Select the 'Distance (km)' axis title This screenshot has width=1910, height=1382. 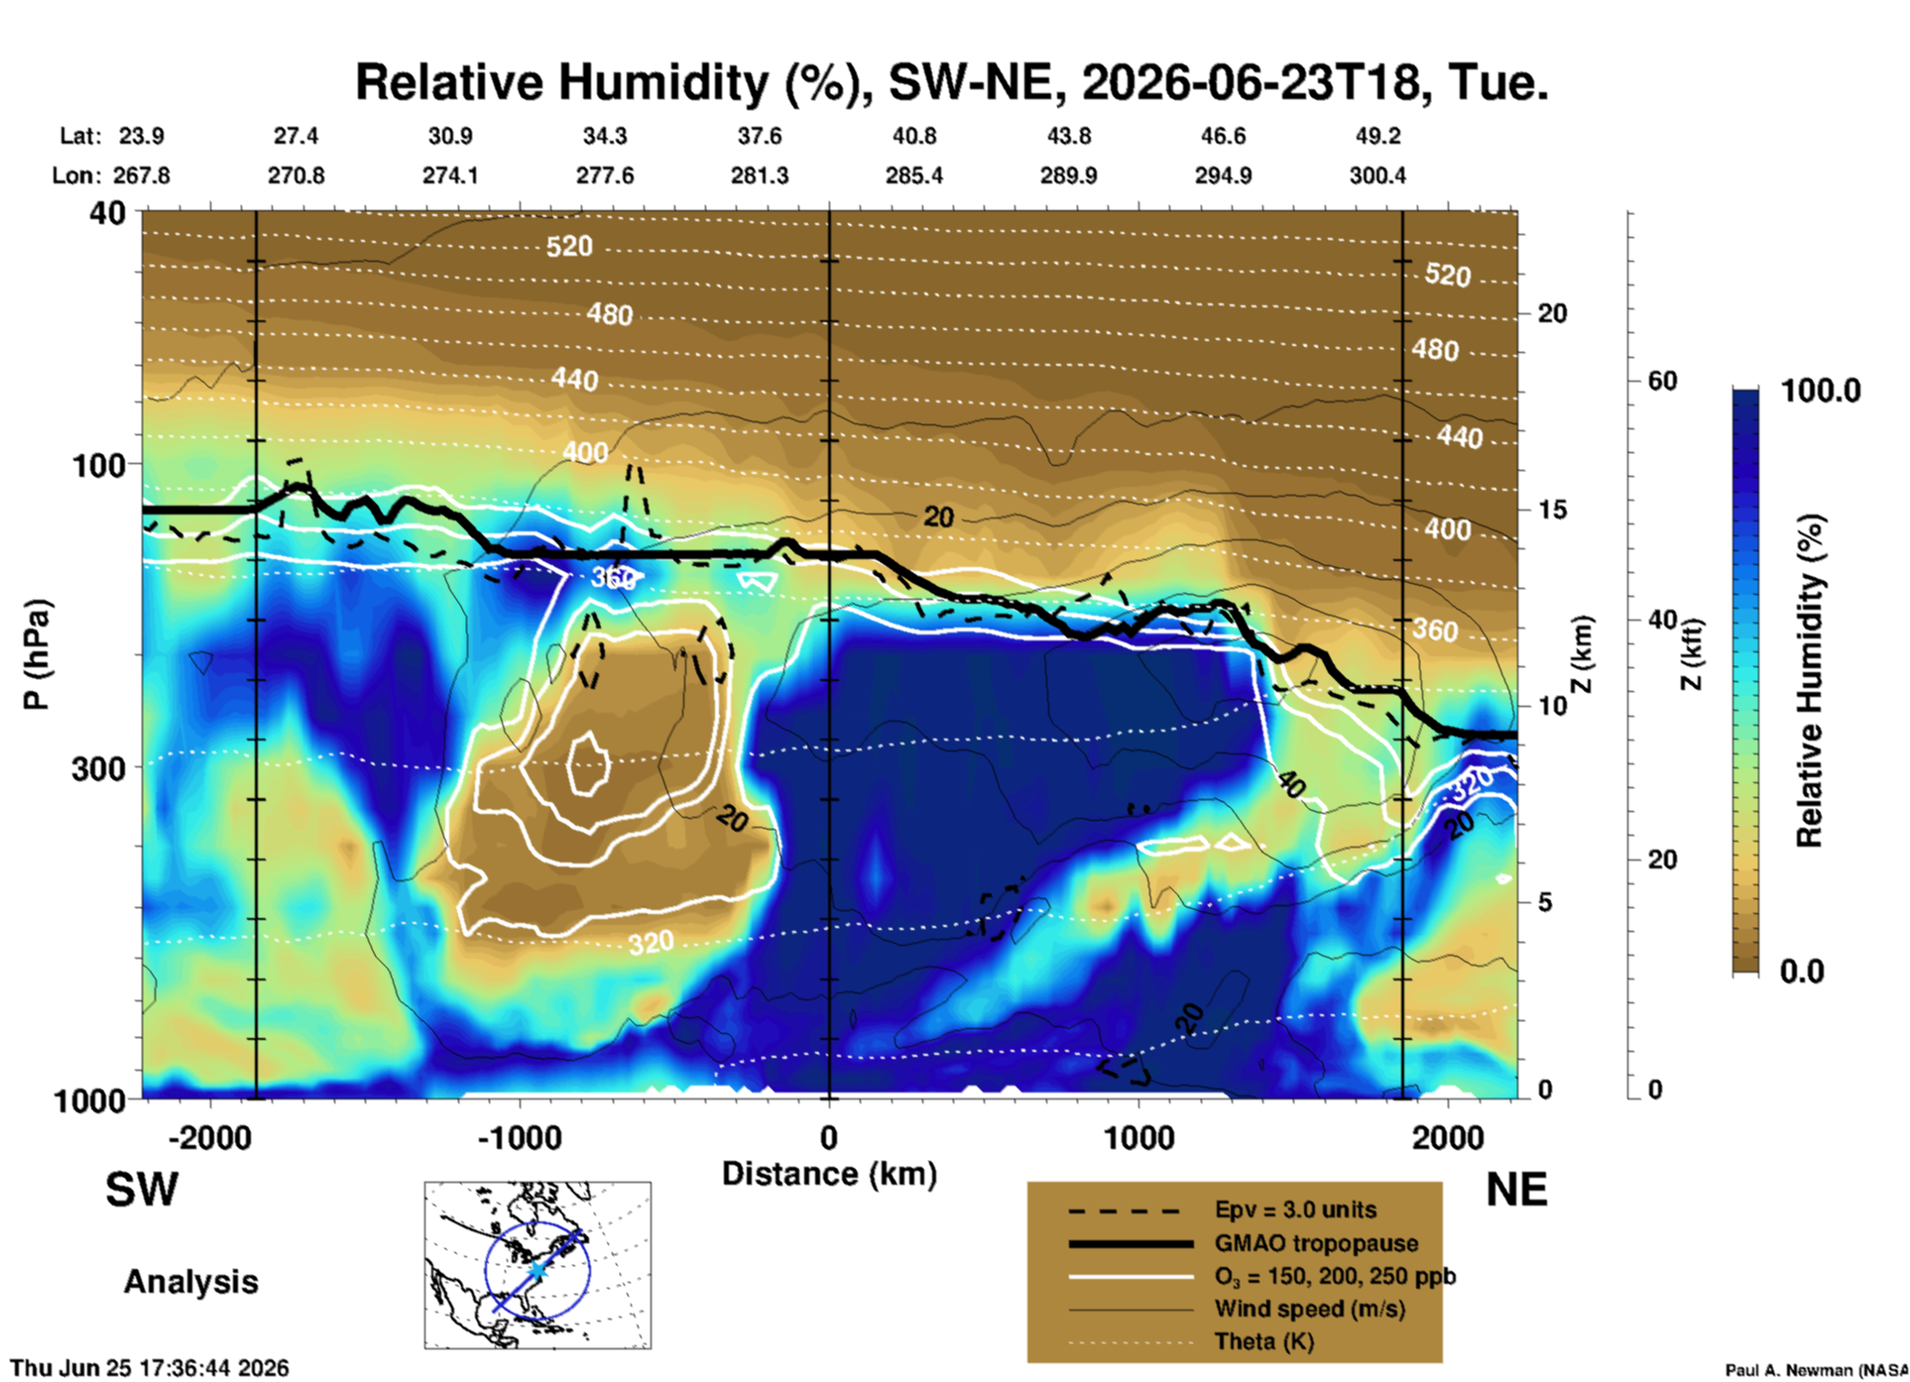pyautogui.click(x=829, y=1174)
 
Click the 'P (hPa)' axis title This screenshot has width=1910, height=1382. pyautogui.click(x=36, y=654)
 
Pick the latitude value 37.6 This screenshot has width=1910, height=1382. pyautogui.click(x=760, y=136)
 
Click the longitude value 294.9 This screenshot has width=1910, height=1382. pyautogui.click(x=1223, y=175)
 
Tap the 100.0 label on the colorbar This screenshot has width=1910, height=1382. pyautogui.click(x=1822, y=391)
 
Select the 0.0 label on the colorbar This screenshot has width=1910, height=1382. pyautogui.click(x=1802, y=971)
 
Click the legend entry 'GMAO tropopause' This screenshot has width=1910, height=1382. pyautogui.click(x=1316, y=1243)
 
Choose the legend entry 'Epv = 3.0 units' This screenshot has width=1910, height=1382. pyautogui.click(x=1295, y=1209)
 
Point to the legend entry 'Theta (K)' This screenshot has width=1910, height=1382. pyautogui.click(x=1264, y=1341)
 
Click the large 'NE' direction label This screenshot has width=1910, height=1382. pyautogui.click(x=1516, y=1190)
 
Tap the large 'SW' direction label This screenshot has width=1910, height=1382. pyautogui.click(x=142, y=1190)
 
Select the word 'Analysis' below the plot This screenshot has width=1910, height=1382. pyautogui.click(x=190, y=1281)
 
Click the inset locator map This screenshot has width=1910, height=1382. pyautogui.click(x=537, y=1265)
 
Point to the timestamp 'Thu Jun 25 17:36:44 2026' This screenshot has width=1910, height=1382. pyautogui.click(x=150, y=1368)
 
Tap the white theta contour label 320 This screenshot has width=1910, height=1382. pyautogui.click(x=651, y=942)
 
